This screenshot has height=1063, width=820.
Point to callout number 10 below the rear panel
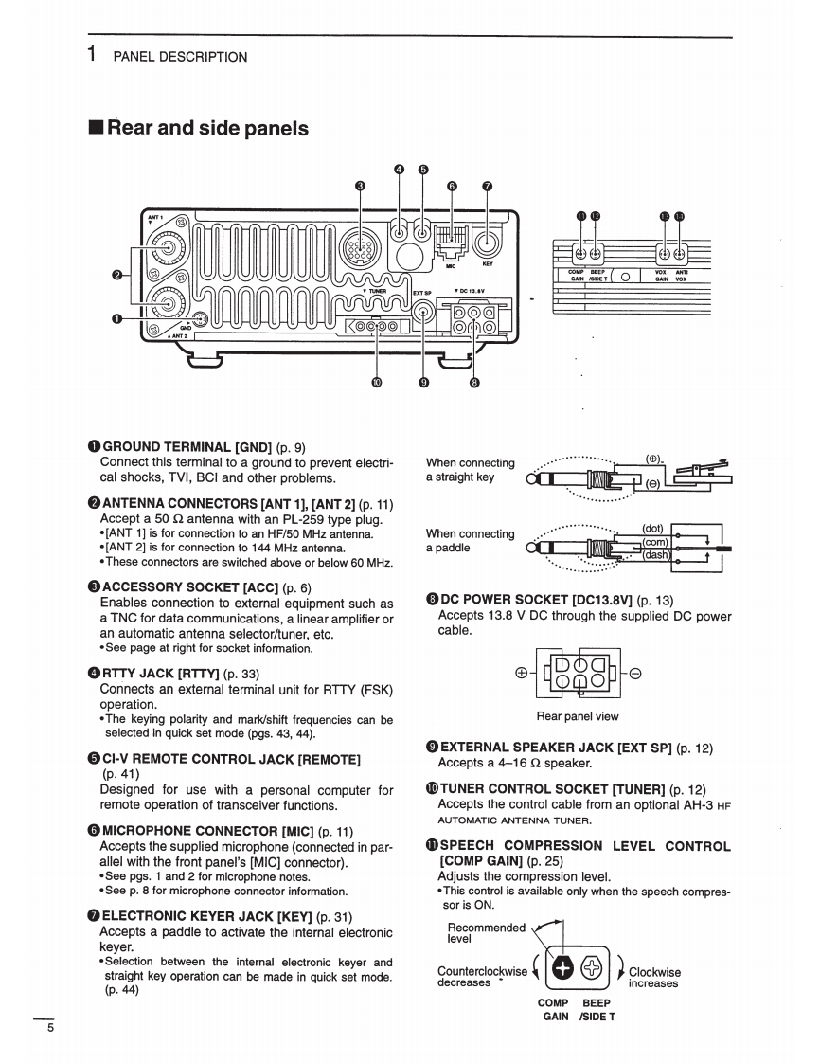(x=377, y=384)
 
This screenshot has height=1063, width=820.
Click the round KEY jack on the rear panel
(x=487, y=243)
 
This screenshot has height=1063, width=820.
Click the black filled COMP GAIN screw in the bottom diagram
(x=562, y=967)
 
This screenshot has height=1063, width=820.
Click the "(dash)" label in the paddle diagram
(x=656, y=555)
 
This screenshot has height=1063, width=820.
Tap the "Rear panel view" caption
(x=577, y=716)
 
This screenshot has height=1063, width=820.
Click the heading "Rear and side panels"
(x=207, y=128)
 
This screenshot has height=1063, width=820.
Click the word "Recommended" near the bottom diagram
(x=486, y=928)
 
